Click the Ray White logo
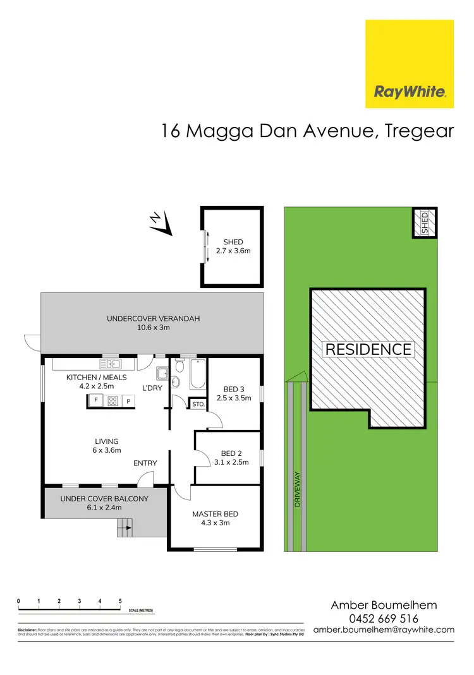click(410, 64)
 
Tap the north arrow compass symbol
click(162, 223)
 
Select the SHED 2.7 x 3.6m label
click(233, 246)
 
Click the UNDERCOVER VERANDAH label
click(153, 323)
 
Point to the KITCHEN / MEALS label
click(97, 381)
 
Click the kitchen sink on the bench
click(111, 364)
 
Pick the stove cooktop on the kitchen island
click(113, 400)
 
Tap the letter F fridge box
click(95, 400)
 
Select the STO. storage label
click(197, 403)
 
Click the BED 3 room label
click(233, 393)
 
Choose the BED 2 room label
click(232, 457)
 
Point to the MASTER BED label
click(216, 518)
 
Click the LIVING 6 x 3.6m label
click(107, 446)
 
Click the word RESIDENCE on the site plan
click(368, 349)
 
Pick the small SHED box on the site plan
click(425, 223)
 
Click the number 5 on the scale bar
click(120, 601)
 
